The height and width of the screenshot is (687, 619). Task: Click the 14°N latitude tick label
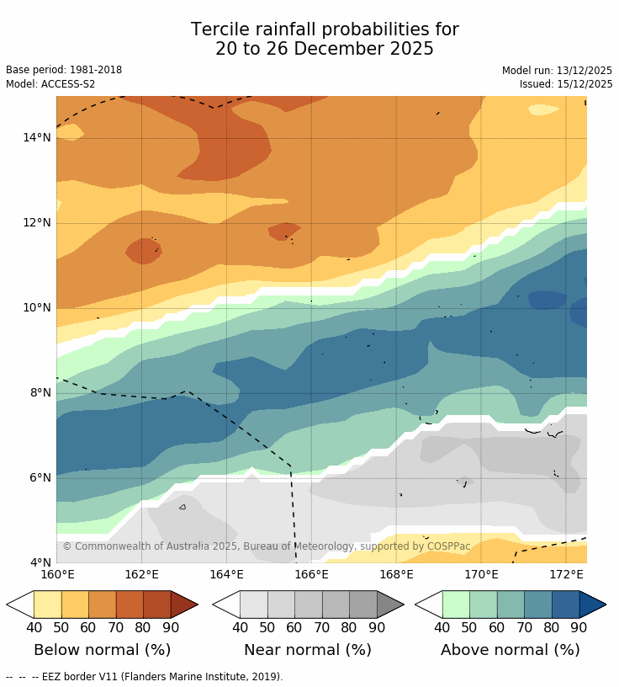tap(37, 138)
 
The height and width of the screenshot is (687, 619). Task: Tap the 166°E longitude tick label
tap(311, 575)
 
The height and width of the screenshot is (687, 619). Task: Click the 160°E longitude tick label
tap(57, 575)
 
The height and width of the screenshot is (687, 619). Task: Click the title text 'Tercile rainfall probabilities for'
tap(325, 30)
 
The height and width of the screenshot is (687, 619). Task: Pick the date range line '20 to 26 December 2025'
tap(325, 50)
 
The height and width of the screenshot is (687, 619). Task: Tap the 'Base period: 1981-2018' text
tap(64, 71)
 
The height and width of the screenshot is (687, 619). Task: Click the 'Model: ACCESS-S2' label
tap(50, 84)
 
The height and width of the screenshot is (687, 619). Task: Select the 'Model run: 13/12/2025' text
tap(558, 71)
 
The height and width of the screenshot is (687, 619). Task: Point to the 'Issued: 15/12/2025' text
tap(566, 84)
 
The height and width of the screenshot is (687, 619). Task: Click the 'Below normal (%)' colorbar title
tap(102, 650)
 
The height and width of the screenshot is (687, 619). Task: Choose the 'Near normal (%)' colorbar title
tap(308, 650)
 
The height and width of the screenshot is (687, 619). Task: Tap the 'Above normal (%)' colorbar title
tap(511, 650)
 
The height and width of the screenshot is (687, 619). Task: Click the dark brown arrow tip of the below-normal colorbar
tap(184, 604)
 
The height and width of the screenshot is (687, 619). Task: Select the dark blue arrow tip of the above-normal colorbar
tap(592, 604)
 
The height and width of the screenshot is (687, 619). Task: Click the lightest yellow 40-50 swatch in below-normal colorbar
tap(47, 604)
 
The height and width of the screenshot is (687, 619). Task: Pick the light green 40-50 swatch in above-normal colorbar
tap(456, 604)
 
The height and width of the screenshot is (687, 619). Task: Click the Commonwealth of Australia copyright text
tap(267, 546)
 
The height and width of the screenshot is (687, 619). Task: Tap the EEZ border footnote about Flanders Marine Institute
tap(144, 677)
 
